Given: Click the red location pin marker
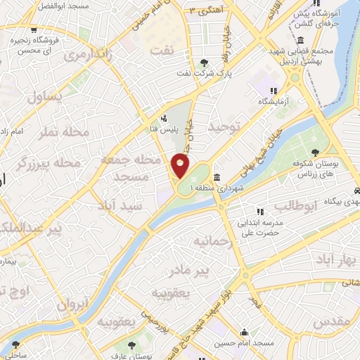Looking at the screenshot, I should (x=181, y=166).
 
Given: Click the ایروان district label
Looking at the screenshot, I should (x=73, y=307).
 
